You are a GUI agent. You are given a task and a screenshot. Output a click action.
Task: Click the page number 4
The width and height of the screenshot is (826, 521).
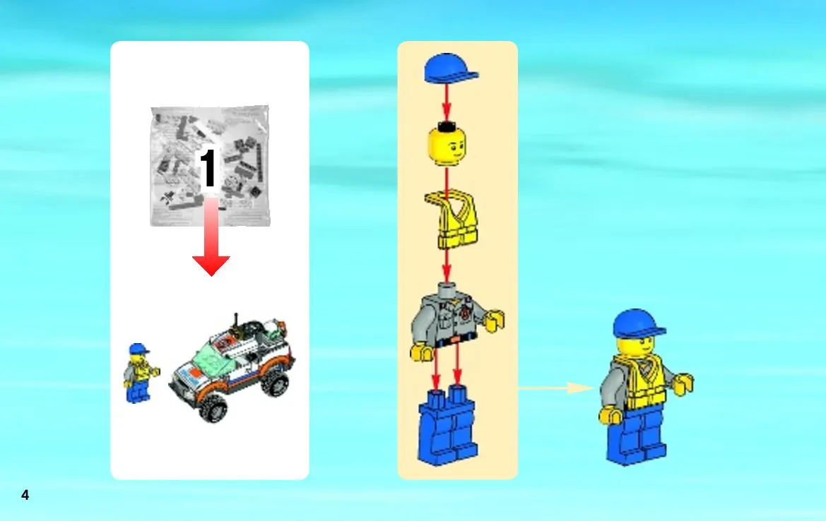(x=25, y=495)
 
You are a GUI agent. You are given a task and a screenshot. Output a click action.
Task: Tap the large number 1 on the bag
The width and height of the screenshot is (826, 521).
(x=208, y=167)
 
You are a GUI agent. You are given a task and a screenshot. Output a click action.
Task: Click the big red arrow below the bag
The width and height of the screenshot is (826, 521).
(x=211, y=236)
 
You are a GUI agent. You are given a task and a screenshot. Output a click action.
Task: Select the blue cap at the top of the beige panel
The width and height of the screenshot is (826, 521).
(x=450, y=68)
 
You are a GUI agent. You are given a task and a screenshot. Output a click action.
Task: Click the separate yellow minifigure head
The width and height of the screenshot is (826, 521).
(x=447, y=144)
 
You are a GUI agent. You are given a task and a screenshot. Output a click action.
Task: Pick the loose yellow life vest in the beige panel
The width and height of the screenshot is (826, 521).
(x=452, y=220)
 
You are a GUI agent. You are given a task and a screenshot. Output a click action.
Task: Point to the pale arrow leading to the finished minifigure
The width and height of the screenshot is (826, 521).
(x=556, y=388)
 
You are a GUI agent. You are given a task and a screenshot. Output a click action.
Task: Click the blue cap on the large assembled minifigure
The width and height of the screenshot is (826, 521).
(x=639, y=323)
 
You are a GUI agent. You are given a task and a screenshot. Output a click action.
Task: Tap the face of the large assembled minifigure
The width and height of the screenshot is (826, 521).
(x=636, y=347)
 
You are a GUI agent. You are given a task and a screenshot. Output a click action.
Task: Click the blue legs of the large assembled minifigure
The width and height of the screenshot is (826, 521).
(x=637, y=434)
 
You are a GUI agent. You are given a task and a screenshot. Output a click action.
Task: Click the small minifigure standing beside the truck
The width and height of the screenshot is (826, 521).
(x=140, y=373)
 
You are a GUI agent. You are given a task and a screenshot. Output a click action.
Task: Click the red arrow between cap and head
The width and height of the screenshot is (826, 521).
(x=447, y=102)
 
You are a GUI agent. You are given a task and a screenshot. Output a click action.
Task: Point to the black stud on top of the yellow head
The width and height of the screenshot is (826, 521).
(x=447, y=126)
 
